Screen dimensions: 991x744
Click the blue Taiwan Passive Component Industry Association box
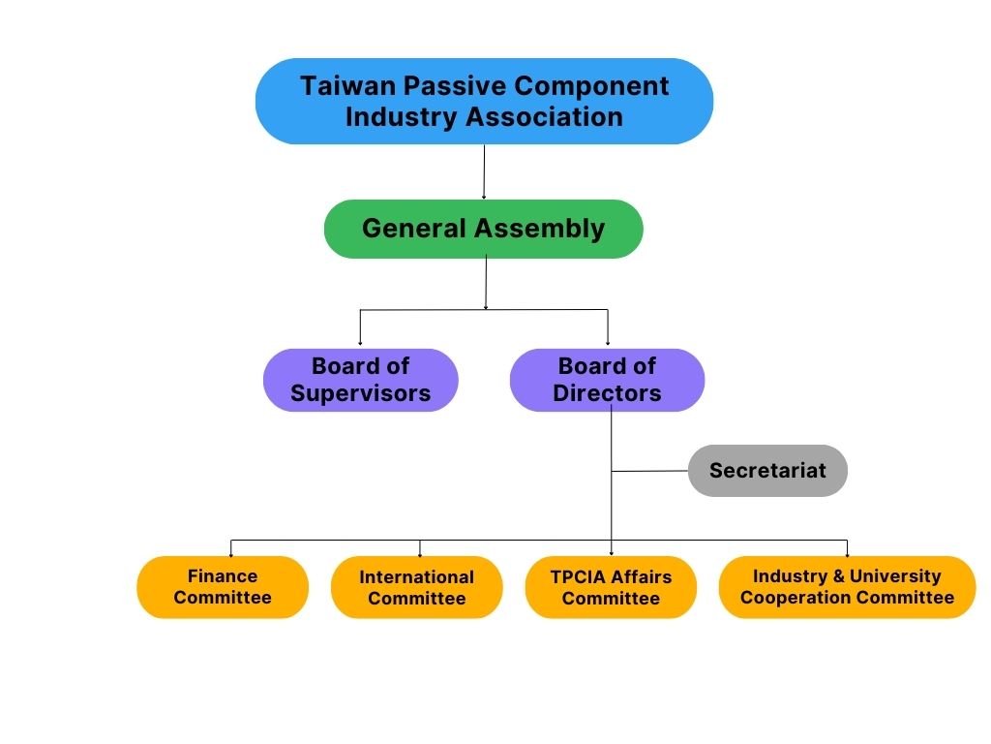484,101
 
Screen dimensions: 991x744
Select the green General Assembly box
484,229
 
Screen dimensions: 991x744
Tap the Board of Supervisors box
360,380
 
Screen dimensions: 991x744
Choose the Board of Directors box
608,380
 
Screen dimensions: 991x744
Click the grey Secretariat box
767,471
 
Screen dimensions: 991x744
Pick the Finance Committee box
223,587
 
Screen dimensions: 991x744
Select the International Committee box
416,587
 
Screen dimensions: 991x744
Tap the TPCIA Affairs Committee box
611,587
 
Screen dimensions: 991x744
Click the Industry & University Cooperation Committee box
847,587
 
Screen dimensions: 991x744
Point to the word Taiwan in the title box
348,86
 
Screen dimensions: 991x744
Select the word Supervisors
360,393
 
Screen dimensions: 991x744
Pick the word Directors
607,393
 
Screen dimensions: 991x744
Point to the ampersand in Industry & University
838,576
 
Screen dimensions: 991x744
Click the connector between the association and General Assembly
484,172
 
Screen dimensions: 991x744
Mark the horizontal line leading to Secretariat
649,471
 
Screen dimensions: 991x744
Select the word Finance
223,576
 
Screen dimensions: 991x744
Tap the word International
416,577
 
